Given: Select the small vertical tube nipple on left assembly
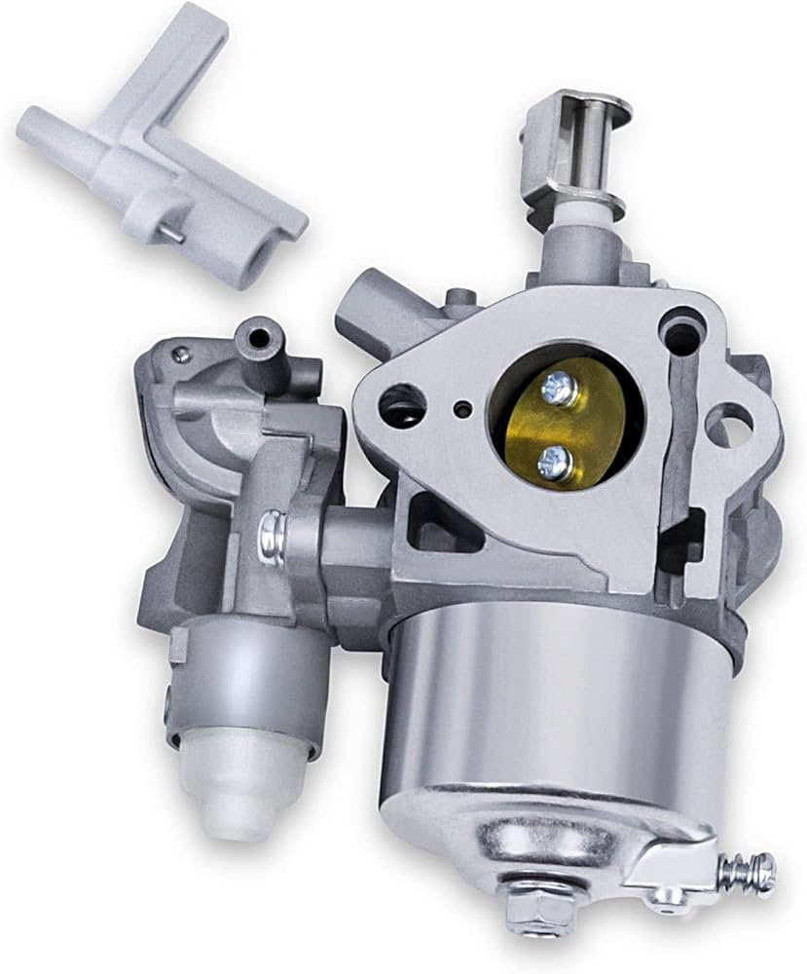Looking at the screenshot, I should [260, 340].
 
